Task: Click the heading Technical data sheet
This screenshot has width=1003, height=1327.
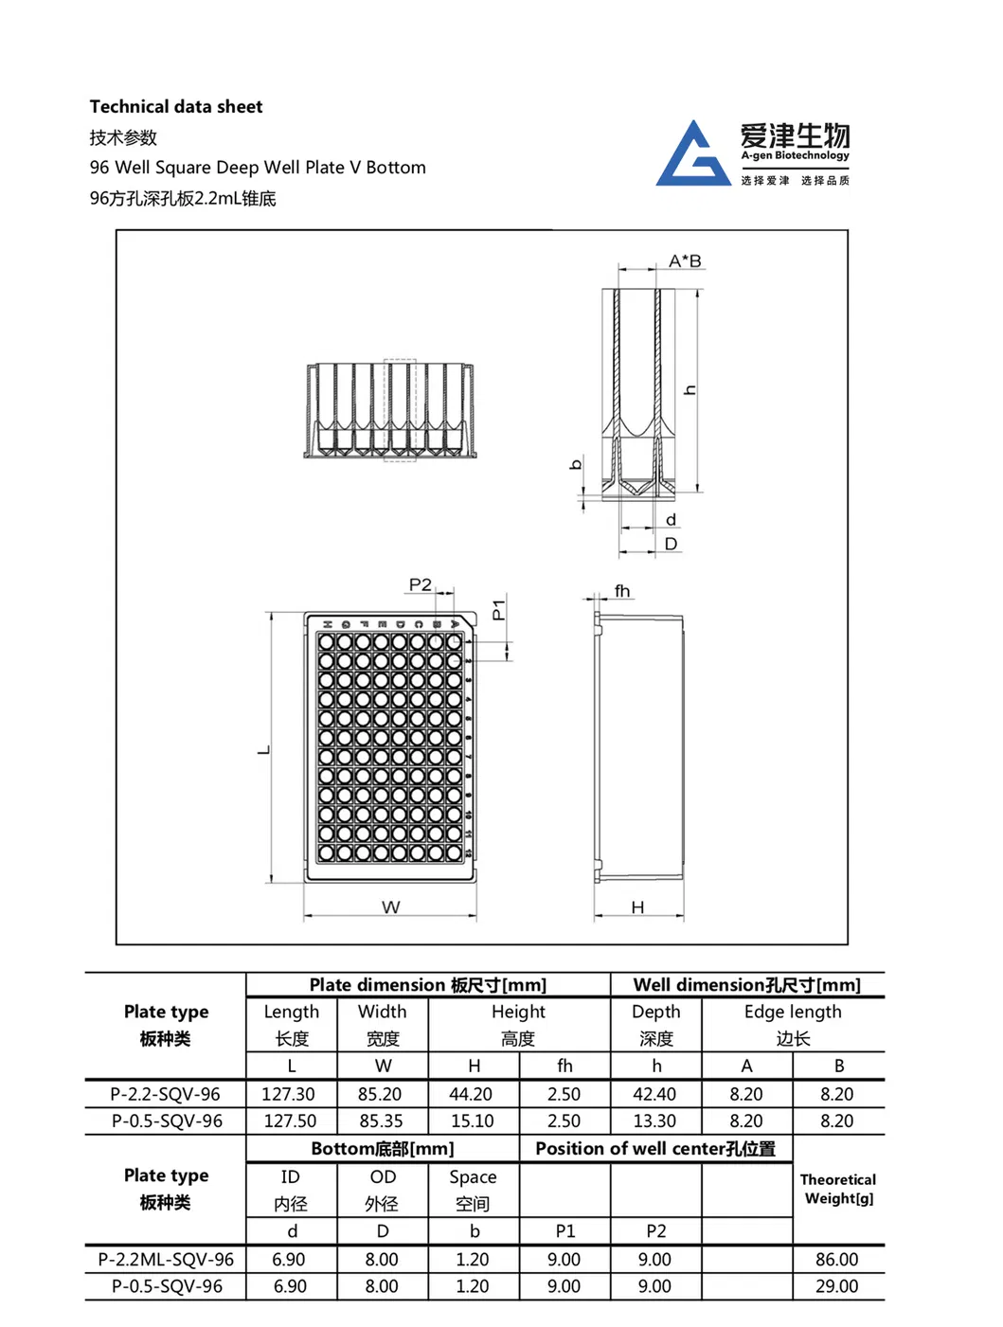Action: click(176, 107)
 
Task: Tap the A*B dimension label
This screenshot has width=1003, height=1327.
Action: click(685, 260)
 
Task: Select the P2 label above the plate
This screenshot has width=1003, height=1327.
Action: click(420, 584)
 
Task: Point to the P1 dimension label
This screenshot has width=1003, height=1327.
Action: click(499, 609)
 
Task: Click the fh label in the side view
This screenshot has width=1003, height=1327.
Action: click(621, 591)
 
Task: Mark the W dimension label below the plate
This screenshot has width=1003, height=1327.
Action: click(390, 906)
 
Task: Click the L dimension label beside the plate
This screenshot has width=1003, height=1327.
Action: click(264, 750)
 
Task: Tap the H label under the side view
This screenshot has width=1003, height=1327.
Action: click(637, 906)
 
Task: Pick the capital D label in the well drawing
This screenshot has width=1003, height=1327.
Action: click(671, 544)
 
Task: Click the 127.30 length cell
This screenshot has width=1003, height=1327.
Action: click(288, 1094)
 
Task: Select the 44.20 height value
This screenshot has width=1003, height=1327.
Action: click(471, 1094)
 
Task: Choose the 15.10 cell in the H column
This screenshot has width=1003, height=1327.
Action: click(472, 1121)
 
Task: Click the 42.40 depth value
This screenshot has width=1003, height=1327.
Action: click(654, 1094)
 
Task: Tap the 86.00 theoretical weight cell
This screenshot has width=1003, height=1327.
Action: click(836, 1260)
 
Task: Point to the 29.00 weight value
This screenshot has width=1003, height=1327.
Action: click(836, 1286)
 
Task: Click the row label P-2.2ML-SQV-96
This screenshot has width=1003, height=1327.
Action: click(166, 1260)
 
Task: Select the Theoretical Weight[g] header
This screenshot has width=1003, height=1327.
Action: click(837, 1189)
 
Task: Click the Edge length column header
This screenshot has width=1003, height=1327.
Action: click(793, 1012)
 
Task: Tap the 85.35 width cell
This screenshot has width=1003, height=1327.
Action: click(381, 1121)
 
